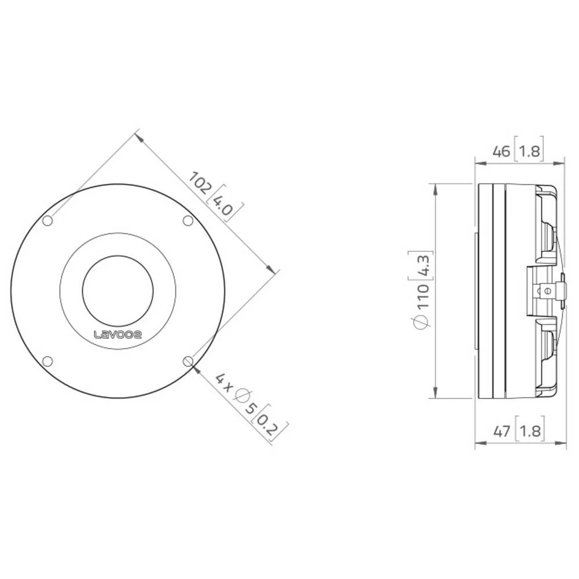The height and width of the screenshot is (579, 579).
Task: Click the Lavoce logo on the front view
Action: pos(118,334)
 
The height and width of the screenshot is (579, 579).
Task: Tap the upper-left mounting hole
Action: pos(49,221)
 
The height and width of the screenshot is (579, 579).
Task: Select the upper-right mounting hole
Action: pos(188,221)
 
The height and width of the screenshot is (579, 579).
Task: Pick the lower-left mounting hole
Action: pos(49,361)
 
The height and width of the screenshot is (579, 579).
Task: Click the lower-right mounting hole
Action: pos(188,361)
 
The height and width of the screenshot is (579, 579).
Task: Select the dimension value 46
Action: pos(501,152)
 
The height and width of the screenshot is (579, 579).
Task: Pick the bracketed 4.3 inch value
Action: pos(422,265)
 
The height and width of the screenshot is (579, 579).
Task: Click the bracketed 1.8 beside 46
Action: pos(528,152)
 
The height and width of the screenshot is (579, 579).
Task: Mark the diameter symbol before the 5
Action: pos(242,397)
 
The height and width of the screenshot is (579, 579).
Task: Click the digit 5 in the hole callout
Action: pos(251,408)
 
